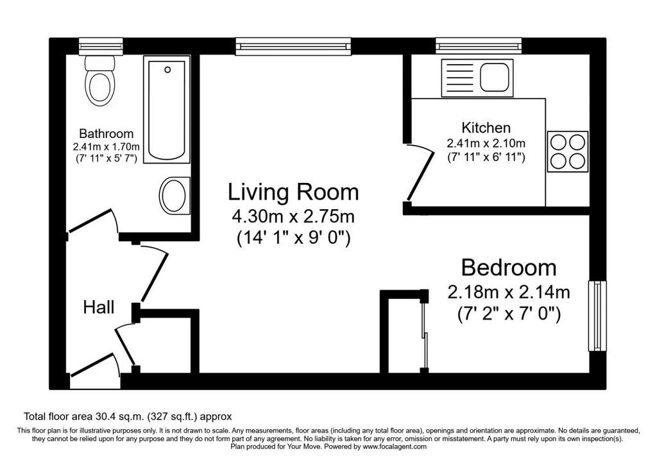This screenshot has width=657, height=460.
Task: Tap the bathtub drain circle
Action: click(167, 69)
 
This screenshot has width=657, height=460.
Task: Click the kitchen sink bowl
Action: click(495, 77)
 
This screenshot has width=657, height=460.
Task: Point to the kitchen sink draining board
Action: click(460, 78)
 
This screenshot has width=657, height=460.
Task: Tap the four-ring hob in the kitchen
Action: click(567, 151)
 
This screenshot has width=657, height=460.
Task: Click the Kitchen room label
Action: click(486, 128)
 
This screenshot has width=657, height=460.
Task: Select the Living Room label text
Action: click(293, 192)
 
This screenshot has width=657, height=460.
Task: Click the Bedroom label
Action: click(509, 268)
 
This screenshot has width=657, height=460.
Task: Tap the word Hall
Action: click(98, 307)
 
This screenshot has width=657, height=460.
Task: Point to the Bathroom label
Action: click(106, 133)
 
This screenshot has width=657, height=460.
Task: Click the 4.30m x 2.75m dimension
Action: click(293, 217)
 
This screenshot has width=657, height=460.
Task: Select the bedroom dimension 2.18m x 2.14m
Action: click(509, 292)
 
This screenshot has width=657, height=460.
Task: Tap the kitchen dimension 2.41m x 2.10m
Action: click(486, 143)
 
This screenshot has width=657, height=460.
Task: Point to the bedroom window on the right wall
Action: click(597, 316)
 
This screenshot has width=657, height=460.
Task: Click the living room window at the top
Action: click(293, 46)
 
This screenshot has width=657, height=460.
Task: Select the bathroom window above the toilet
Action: click(101, 46)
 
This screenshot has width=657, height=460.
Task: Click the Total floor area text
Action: click(128, 416)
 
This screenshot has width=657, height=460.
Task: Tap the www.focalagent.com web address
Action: click(395, 447)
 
